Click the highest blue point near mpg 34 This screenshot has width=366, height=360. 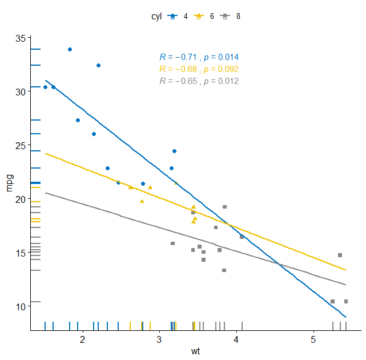70,50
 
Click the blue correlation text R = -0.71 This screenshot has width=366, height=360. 199,57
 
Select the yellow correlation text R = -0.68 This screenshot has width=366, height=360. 199,69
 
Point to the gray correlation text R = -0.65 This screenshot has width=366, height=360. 199,81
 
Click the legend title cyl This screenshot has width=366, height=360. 156,16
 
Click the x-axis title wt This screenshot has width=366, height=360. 195,351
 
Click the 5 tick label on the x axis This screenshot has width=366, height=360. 313,340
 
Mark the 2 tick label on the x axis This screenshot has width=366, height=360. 83,340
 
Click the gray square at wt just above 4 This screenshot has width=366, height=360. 242,237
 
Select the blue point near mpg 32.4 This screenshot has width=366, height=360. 98,66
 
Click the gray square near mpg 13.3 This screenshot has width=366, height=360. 224,270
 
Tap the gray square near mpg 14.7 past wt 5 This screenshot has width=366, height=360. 340,255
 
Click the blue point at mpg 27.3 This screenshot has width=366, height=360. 78,121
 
